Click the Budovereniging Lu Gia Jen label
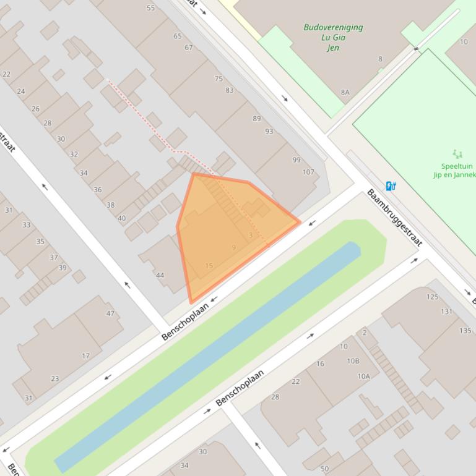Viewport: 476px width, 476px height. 333,37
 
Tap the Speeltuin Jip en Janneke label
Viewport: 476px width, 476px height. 455,170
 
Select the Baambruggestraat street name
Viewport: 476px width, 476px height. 394,218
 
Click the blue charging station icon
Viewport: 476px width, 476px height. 391,185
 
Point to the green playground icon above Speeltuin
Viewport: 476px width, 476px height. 457,153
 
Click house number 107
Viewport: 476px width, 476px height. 308,172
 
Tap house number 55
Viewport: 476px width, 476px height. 151,8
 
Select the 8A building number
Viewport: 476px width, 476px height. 345,92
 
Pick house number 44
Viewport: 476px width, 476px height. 160,275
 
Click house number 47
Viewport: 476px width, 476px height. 110,313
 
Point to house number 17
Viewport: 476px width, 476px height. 85,355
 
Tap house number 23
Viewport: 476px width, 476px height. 55,378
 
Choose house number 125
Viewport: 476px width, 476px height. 432,297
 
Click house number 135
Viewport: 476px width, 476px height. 465,330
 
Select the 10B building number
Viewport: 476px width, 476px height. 353,361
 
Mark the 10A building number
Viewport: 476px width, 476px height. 363,376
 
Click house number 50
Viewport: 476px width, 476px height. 325,469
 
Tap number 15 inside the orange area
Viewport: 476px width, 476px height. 209,266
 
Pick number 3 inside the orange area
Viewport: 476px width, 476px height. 250,235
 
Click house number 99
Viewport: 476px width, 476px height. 296,160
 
